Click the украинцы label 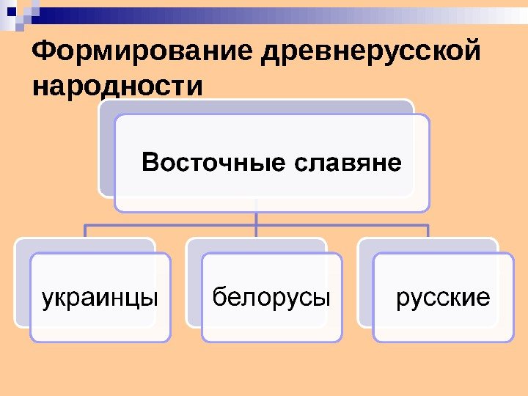click(x=100, y=298)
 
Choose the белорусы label click(x=271, y=298)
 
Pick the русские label click(x=443, y=298)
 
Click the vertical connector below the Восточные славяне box click(x=257, y=218)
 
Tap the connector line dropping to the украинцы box click(x=85, y=231)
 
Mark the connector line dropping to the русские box click(x=428, y=231)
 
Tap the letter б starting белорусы click(x=218, y=297)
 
